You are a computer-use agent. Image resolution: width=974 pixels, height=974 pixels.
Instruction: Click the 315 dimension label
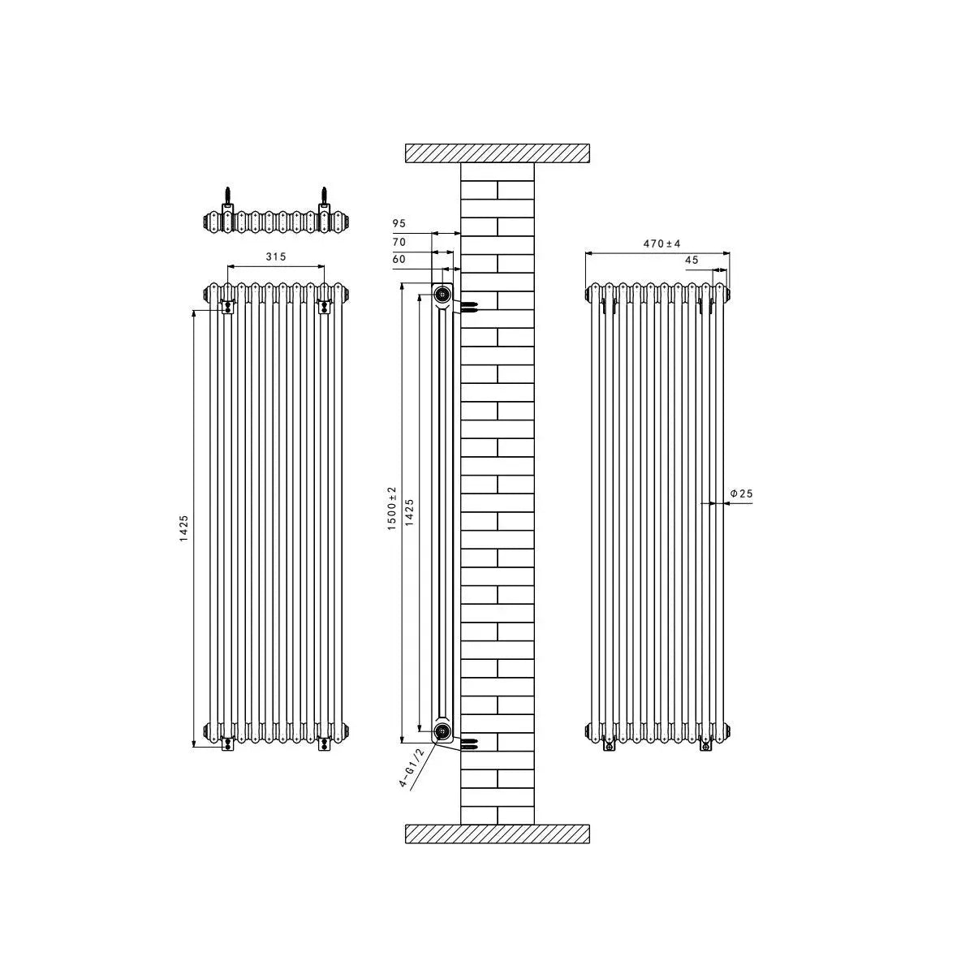(x=276, y=256)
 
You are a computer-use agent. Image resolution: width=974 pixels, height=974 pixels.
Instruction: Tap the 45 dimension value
(x=692, y=261)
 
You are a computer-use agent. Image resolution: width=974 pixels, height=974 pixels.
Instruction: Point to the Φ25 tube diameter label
(x=742, y=493)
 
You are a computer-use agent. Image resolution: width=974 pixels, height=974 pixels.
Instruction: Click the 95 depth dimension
(x=399, y=223)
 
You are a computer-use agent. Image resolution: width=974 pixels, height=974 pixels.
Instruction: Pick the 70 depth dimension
(x=399, y=242)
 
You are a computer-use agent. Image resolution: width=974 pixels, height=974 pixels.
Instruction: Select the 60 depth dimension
(x=399, y=260)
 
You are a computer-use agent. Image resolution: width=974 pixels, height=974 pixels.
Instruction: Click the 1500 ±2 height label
(x=391, y=509)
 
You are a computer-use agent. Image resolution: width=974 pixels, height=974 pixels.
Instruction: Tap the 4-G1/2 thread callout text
(x=412, y=769)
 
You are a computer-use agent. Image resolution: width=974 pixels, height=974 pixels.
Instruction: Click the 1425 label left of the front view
(x=184, y=529)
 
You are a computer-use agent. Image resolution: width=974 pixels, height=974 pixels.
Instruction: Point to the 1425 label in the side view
(x=410, y=513)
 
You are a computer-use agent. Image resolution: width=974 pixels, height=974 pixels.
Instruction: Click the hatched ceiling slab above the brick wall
(x=497, y=153)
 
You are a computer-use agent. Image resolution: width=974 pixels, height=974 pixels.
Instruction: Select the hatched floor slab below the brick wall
(x=497, y=834)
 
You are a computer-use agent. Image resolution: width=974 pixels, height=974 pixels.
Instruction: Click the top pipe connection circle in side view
(x=442, y=294)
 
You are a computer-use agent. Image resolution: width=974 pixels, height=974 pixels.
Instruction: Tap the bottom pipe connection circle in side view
(x=442, y=731)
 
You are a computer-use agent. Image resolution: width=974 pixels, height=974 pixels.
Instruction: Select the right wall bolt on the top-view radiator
(x=325, y=199)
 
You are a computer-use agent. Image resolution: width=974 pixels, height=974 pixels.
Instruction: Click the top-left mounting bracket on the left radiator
(x=228, y=305)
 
